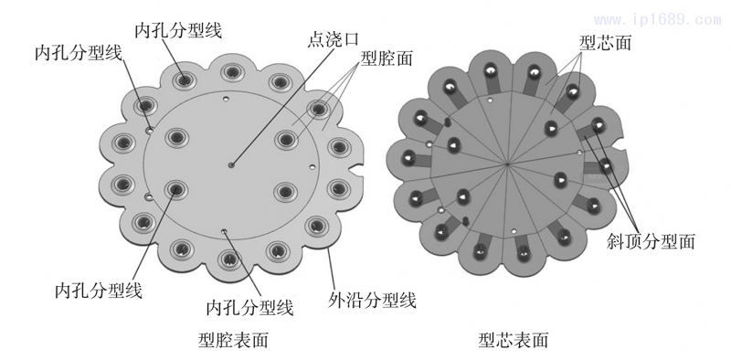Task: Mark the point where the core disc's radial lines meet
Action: pyautogui.click(x=507, y=164)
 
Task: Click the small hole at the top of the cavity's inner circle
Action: pyautogui.click(x=224, y=93)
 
